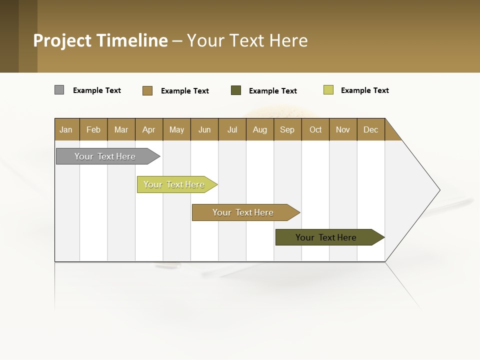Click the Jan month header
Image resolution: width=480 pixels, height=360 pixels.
pos(66,129)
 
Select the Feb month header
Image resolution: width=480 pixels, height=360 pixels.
pos(93,129)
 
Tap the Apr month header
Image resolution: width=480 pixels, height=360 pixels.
pos(149,129)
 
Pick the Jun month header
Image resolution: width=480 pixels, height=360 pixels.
pos(204,129)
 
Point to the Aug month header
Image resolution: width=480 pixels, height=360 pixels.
pos(260,129)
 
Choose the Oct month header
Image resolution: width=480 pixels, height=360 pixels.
pos(315,129)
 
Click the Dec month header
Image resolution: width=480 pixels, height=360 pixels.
pos(371,129)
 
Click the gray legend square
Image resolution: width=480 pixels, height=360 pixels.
pos(59,90)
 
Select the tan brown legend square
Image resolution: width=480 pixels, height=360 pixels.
pos(147,90)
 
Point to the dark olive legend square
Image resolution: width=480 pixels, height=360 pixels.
pos(236,90)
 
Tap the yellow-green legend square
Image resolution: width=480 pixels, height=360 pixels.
pos(328,90)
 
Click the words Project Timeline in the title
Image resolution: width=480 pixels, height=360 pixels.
pos(100,40)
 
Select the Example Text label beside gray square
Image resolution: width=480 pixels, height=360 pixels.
pos(97,90)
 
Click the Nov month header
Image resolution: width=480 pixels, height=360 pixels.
pos(343,129)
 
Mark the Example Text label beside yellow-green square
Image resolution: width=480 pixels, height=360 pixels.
pos(365,90)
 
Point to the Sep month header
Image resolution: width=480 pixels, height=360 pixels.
pos(287,129)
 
